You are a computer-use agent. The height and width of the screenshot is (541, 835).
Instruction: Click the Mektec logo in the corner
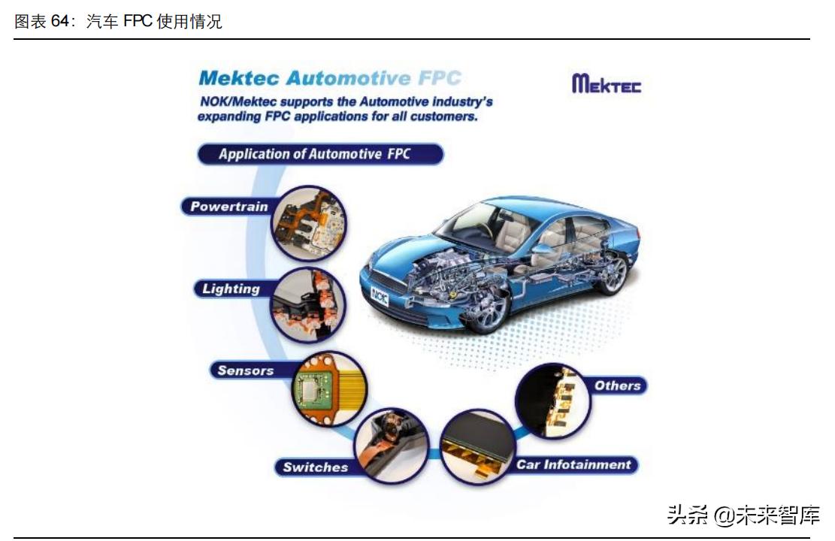[607, 84]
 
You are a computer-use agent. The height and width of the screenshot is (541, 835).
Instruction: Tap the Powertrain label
[228, 207]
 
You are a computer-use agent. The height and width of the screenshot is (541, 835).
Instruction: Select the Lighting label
[231, 289]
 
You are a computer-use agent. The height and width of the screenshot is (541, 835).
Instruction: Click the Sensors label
[246, 370]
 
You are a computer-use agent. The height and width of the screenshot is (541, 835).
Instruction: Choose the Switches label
[315, 467]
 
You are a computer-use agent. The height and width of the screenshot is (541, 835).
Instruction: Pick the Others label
[617, 385]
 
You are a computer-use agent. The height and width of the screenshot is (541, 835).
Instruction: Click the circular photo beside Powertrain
[309, 223]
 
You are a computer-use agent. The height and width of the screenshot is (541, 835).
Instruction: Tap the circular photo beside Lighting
[309, 305]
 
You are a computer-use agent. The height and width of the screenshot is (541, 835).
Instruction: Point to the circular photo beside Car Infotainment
[478, 447]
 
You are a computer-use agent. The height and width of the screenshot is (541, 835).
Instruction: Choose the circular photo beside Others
[553, 401]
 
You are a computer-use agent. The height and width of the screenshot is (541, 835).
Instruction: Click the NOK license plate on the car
[380, 296]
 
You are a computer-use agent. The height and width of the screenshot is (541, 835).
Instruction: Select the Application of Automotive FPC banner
[320, 154]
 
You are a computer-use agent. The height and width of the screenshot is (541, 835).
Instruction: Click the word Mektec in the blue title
[239, 78]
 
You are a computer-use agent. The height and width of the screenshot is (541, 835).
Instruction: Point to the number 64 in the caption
[59, 21]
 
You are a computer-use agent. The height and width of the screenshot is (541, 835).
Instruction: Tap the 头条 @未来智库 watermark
[743, 515]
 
